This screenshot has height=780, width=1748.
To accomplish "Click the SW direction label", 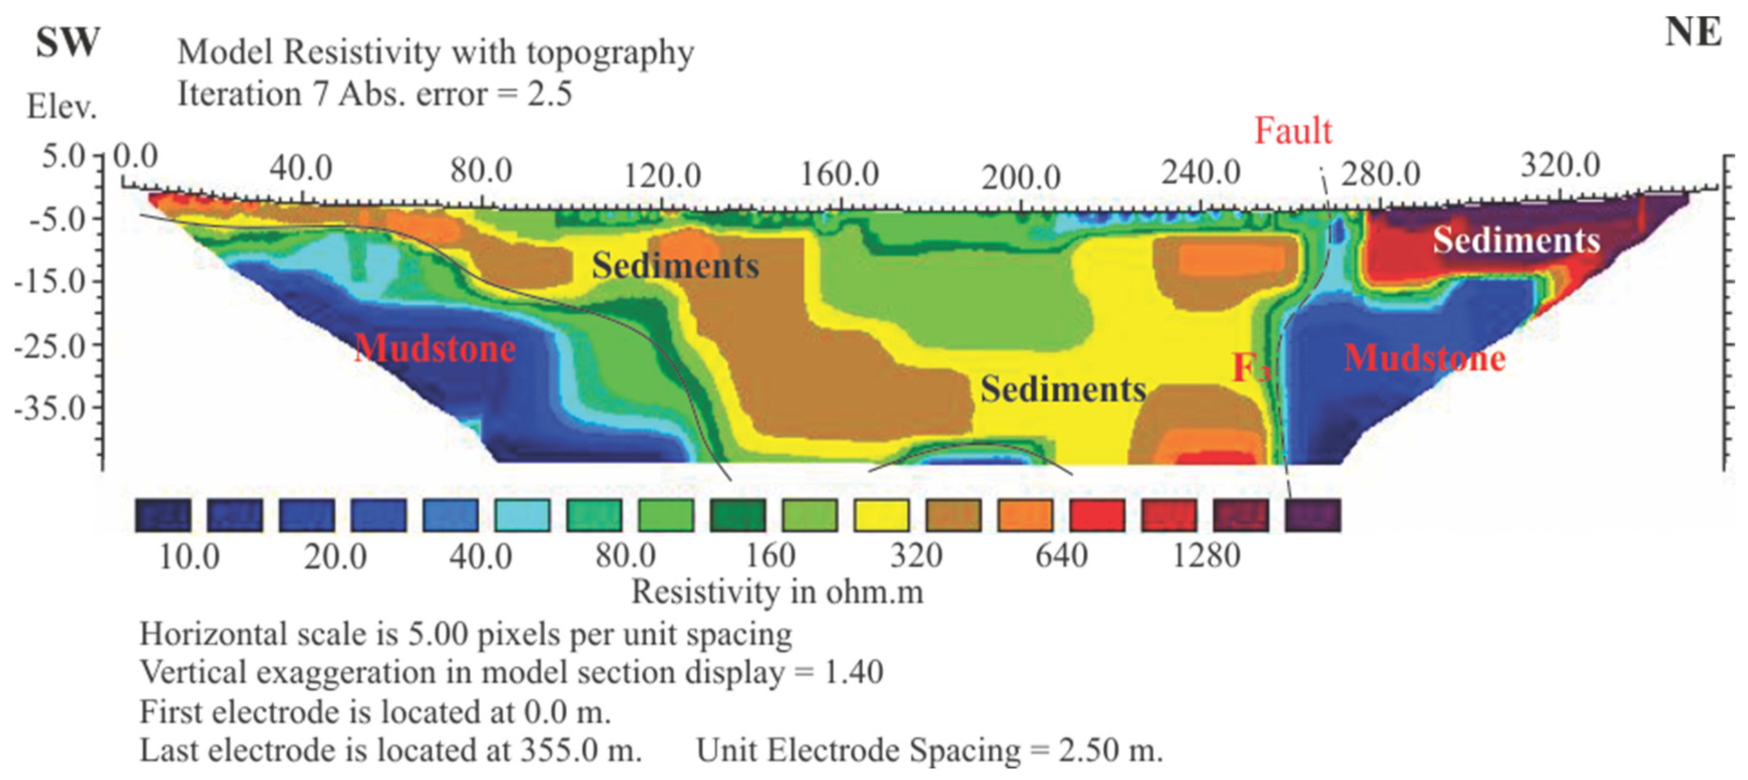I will point(67,43).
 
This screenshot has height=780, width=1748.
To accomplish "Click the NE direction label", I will point(1693,32).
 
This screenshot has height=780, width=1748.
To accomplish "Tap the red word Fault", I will point(1293,130).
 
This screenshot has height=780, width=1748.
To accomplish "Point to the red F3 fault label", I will point(1251,368).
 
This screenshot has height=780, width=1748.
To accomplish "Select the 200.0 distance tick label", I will point(1021,178).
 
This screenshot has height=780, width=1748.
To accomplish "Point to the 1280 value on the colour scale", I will point(1206,556).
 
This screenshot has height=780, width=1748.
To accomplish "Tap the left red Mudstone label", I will point(435,348).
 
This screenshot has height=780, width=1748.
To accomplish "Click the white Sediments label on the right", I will point(1516,240).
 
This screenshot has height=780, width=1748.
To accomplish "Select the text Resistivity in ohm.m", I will point(777,592).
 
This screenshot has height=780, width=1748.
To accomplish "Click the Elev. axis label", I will point(61,107).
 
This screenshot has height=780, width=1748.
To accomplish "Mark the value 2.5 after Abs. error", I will point(549,94).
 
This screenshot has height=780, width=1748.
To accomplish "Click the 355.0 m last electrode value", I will point(580,750).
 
